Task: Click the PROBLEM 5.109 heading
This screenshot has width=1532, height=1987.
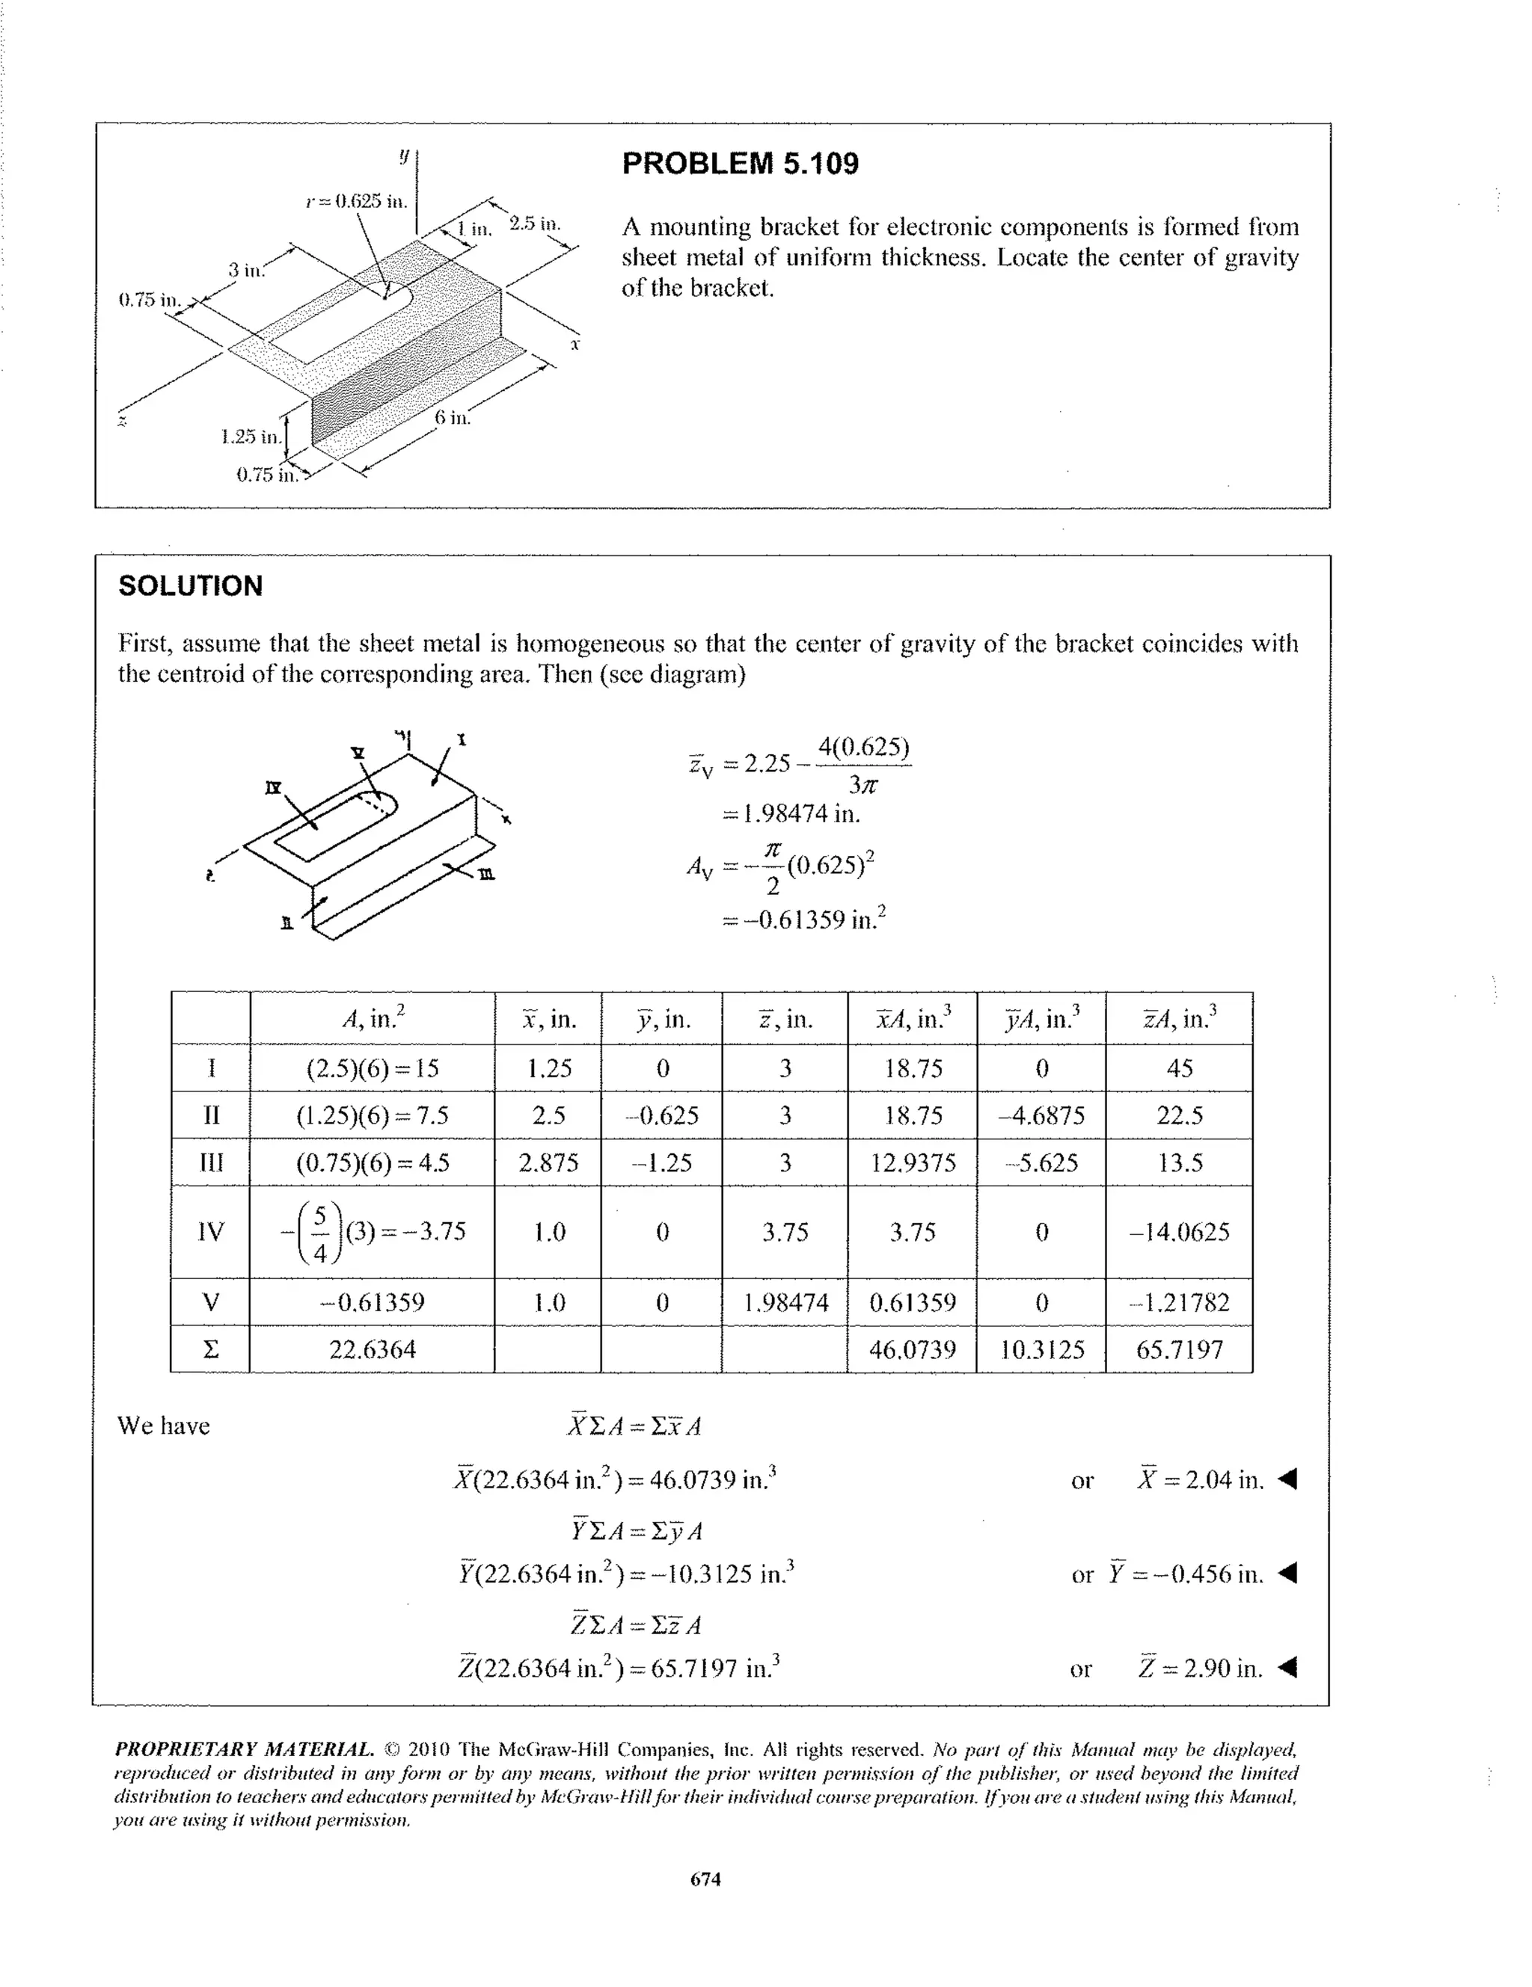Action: (x=739, y=164)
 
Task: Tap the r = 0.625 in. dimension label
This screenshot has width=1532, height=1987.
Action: (x=356, y=201)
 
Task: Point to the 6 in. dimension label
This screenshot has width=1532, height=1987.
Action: (x=452, y=418)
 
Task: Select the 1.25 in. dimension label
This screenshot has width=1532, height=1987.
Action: (x=251, y=437)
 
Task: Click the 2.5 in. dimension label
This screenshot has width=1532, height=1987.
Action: (x=536, y=223)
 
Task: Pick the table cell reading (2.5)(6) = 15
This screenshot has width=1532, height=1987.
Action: (x=373, y=1068)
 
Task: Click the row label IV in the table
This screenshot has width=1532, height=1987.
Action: (x=210, y=1232)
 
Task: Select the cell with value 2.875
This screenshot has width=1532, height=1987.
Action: (x=548, y=1162)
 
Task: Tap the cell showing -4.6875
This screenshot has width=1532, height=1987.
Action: (x=1041, y=1115)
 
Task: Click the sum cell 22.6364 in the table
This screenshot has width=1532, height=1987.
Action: (x=373, y=1349)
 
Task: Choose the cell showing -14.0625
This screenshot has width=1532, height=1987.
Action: (x=1179, y=1232)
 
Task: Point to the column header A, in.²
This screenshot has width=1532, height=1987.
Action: (x=373, y=1018)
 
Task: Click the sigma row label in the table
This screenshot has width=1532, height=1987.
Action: (x=210, y=1349)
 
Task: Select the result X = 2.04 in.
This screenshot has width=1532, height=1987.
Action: (x=1200, y=1480)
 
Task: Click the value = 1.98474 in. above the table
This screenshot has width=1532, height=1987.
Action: (x=790, y=813)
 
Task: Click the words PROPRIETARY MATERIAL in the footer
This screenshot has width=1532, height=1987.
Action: (x=244, y=1749)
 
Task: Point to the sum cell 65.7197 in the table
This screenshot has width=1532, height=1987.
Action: (x=1179, y=1349)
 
